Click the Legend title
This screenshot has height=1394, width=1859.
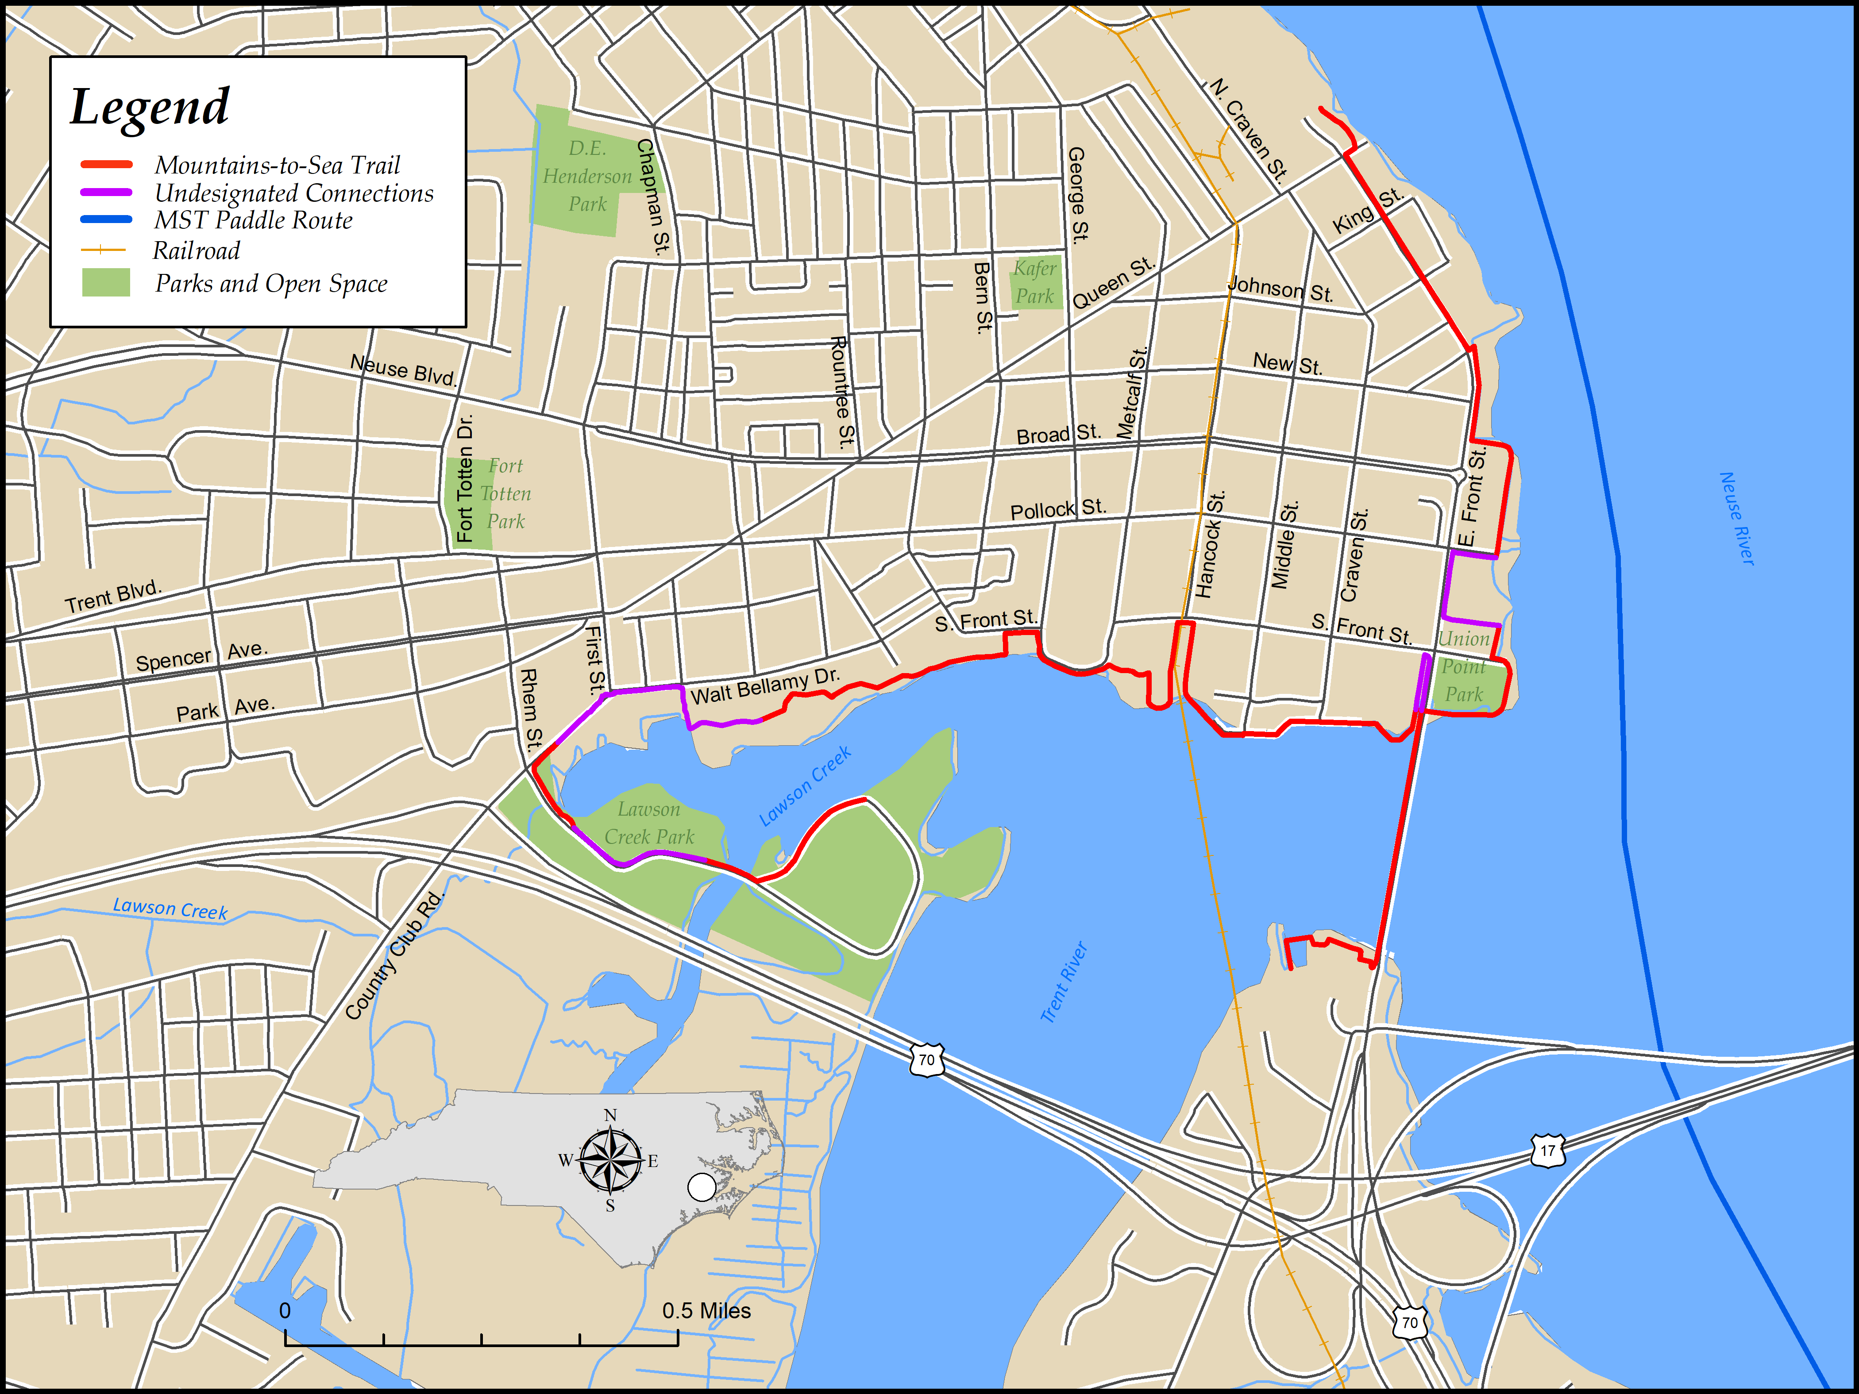[150, 107]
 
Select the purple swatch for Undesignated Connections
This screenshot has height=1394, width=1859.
[106, 193]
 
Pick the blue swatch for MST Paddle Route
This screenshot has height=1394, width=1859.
[106, 220]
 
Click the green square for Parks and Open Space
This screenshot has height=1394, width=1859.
[106, 282]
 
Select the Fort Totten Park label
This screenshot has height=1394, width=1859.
[506, 493]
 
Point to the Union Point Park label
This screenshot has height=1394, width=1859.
[1463, 666]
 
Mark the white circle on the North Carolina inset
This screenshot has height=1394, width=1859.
[702, 1187]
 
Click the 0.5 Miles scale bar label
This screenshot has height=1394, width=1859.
[706, 1311]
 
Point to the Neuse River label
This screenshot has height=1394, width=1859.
[1737, 519]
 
